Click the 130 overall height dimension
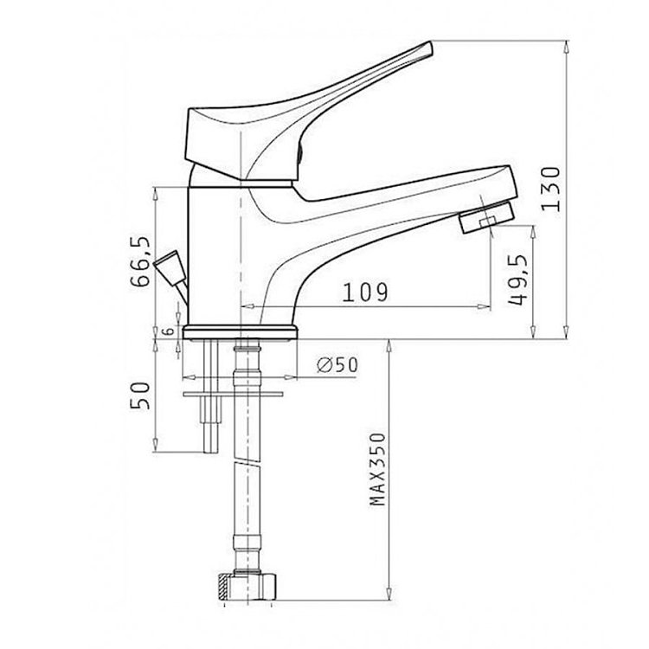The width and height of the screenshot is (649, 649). (x=551, y=189)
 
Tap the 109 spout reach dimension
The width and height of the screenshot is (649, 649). (x=365, y=292)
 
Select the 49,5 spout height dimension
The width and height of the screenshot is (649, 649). (x=518, y=280)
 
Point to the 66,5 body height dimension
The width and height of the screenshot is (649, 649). (x=139, y=261)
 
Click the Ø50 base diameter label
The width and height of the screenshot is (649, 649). (x=337, y=364)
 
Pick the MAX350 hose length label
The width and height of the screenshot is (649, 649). (x=377, y=469)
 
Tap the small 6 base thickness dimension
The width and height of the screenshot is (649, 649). (x=168, y=331)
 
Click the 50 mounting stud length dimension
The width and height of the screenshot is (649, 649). (x=140, y=395)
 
